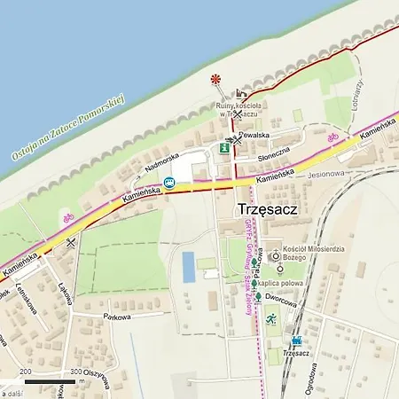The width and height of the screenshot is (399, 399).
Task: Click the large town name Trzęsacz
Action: point(267,209)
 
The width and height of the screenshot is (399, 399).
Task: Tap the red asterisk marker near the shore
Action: point(215,80)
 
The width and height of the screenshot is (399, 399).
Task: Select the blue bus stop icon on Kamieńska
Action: point(168,184)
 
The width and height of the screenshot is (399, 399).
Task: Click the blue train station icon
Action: point(295,340)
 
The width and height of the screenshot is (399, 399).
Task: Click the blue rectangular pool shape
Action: point(188,267)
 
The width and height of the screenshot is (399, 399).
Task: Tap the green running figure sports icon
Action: point(271,318)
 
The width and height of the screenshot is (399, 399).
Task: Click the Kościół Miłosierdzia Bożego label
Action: point(315,254)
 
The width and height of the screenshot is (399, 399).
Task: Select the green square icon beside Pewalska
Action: point(225,149)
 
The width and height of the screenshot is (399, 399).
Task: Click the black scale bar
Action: point(50,382)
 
